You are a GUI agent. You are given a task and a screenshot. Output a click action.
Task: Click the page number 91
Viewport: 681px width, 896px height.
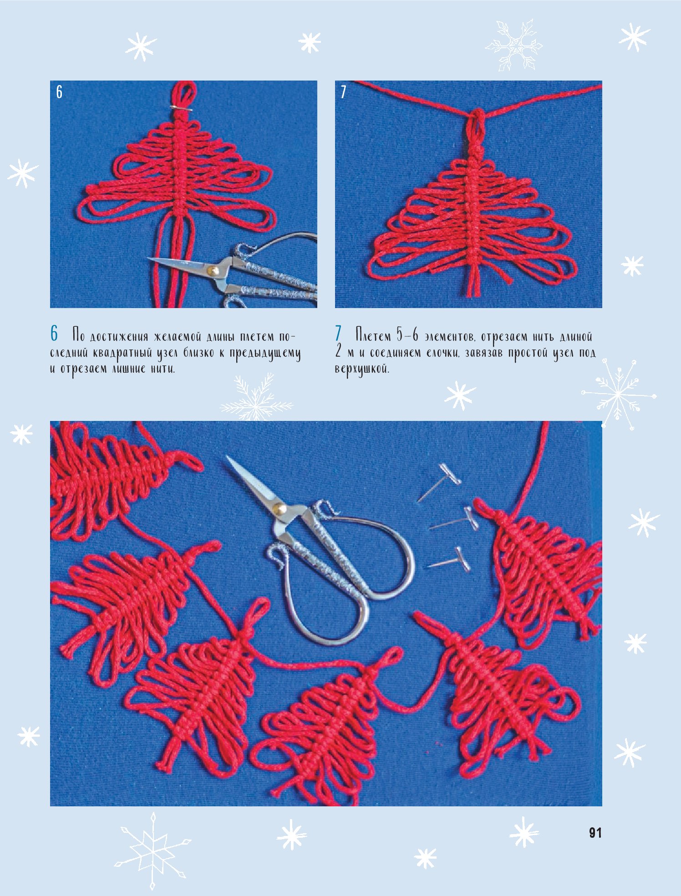[x=595, y=833]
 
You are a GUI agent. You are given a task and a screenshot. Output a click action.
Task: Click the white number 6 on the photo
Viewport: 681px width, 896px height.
[x=59, y=92]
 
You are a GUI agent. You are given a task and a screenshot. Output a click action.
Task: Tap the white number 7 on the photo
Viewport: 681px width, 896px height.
[x=343, y=92]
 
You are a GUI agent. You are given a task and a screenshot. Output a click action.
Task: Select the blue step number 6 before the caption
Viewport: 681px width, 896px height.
[x=54, y=334]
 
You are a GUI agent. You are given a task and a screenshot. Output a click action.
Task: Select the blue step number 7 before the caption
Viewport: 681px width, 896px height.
[x=338, y=334]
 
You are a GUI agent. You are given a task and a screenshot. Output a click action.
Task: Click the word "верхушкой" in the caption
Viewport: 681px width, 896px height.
[x=362, y=369]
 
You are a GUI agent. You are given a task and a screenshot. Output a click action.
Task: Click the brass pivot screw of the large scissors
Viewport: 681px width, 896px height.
[x=279, y=506]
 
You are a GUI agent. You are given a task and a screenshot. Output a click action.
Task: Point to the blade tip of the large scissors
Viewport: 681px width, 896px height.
[x=227, y=457]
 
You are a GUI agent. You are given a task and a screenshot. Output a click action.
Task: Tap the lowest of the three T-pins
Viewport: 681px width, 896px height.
[x=448, y=559]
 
